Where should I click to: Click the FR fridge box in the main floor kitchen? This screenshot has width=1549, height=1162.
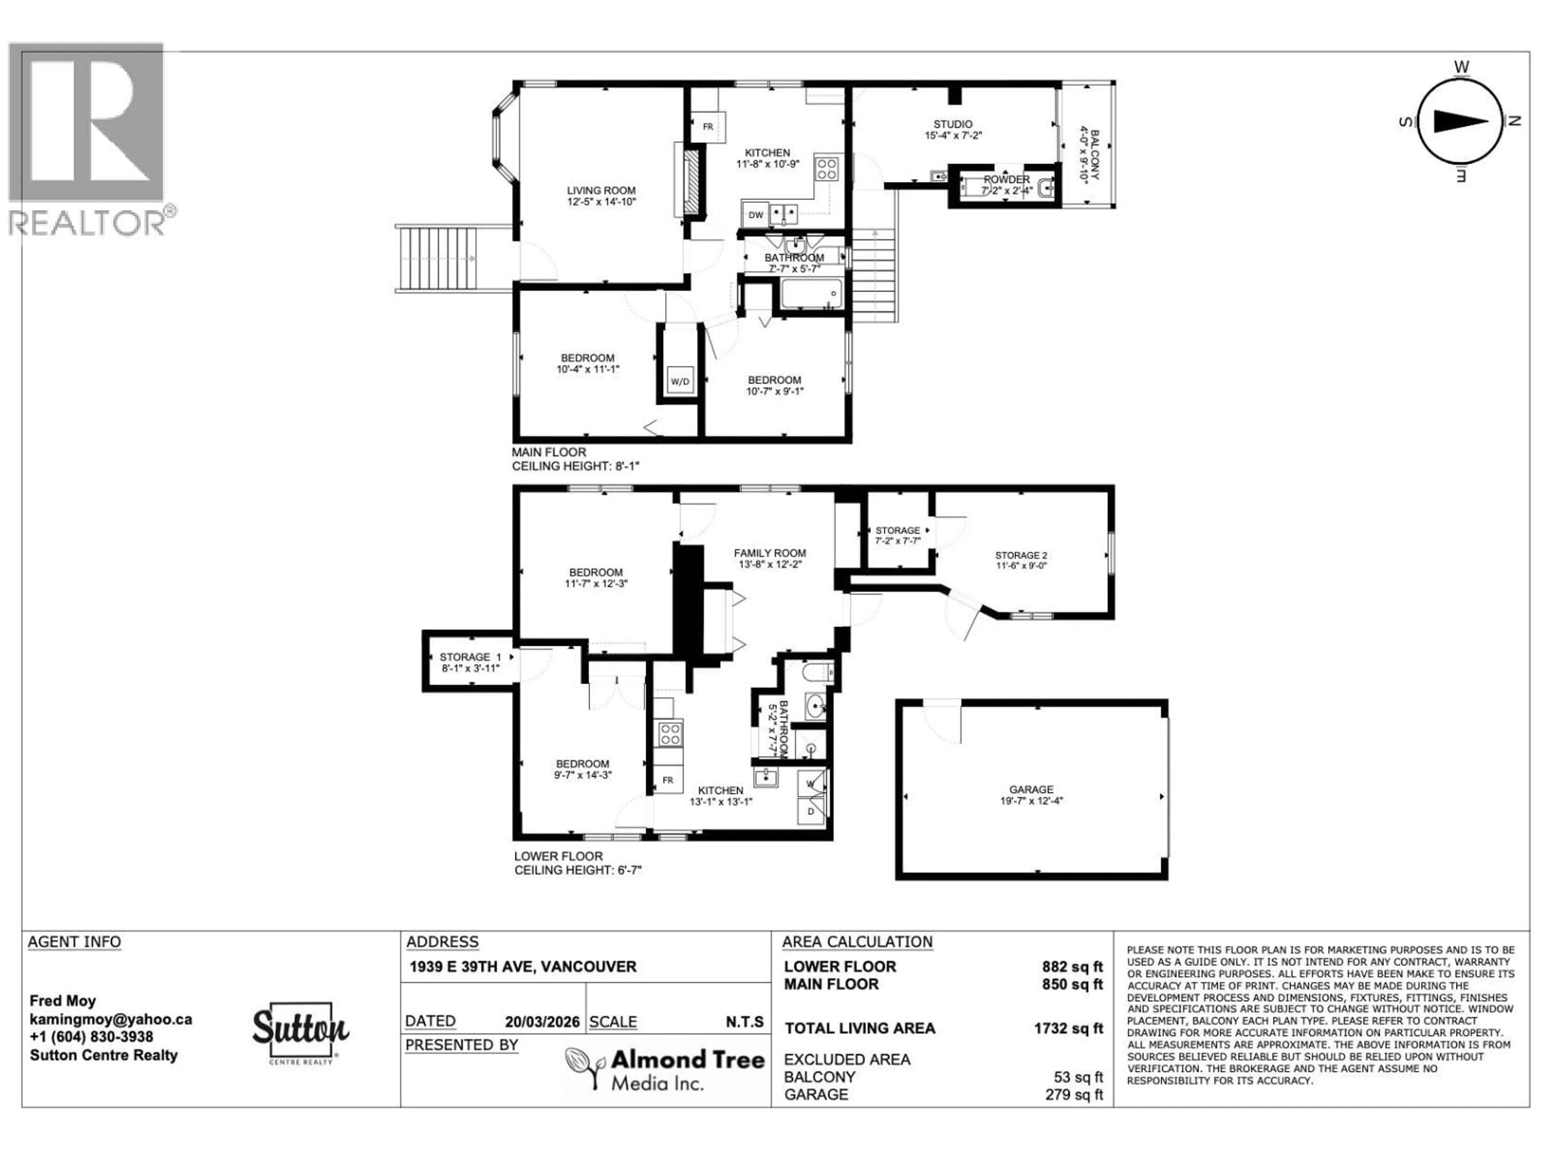(x=708, y=127)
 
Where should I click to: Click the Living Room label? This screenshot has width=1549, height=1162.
(x=601, y=195)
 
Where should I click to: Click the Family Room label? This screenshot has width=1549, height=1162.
(x=770, y=558)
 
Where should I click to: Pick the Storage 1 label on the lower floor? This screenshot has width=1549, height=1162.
(x=470, y=662)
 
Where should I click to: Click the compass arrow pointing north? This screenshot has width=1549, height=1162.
(x=1460, y=121)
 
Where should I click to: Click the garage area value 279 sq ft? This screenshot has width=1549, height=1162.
(x=1073, y=1094)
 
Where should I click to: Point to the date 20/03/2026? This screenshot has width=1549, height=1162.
(x=542, y=1022)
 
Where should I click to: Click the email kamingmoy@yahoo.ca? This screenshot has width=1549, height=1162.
(x=111, y=1019)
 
